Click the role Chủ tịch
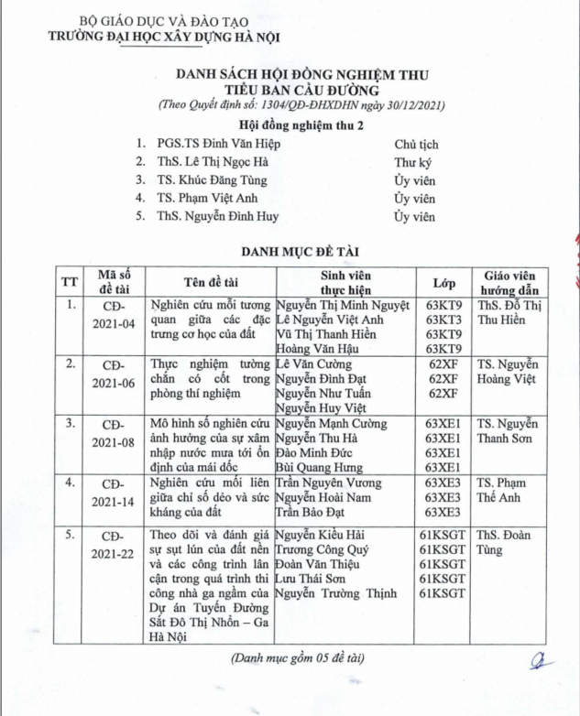point(416,144)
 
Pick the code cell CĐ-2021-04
point(116,314)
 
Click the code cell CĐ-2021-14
point(116,492)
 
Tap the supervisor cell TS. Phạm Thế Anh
point(508,491)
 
